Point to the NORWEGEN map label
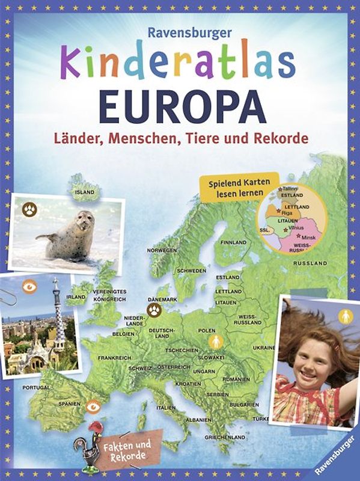[x=162, y=250]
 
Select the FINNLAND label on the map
[x=233, y=242]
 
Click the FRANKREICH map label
[x=114, y=357]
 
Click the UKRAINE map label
[x=264, y=348]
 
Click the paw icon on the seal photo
[x=30, y=210]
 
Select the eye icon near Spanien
[x=93, y=407]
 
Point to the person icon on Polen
[x=216, y=342]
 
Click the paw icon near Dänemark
[x=156, y=310]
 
